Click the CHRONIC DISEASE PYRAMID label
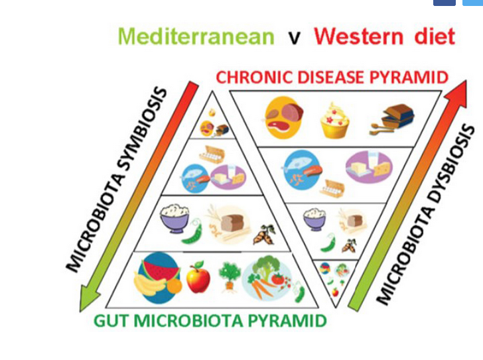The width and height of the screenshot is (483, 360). (332, 77)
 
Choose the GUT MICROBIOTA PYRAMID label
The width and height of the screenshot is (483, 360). (210, 322)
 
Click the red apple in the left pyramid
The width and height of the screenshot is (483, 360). (198, 278)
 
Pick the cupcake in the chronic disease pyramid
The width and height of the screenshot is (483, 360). (334, 120)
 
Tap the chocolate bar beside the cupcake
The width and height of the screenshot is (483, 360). (396, 118)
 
